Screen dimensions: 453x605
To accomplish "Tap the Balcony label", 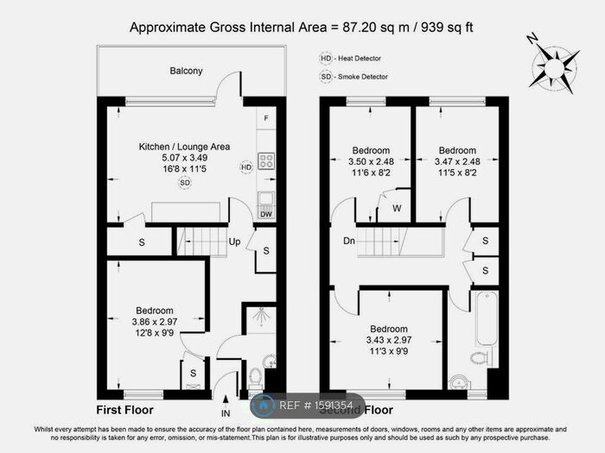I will pos(186,71).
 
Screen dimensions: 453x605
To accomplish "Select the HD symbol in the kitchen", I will pos(246,167).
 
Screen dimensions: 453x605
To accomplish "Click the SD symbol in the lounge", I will pos(184,183).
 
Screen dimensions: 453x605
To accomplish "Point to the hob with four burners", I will pos(266,160).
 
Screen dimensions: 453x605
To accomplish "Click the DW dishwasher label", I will pos(266,214).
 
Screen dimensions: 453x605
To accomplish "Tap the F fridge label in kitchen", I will pos(266,118).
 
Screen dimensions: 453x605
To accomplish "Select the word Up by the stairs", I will pos(234,242).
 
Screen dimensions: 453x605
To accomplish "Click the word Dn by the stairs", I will pos(348,242).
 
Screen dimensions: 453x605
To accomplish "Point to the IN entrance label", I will pos(226,412).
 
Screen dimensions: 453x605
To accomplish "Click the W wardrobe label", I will pos(397,208).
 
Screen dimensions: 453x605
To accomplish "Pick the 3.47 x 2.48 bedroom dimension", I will pos(456,161).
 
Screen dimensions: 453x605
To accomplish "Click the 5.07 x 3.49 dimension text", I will pos(184,159).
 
